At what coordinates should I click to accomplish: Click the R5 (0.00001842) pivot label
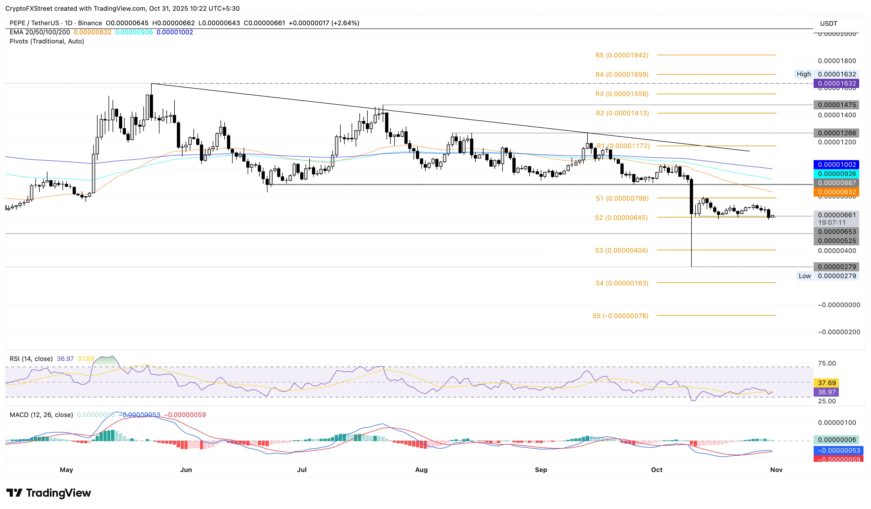point(621,55)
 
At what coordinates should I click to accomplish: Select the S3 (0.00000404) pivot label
point(621,250)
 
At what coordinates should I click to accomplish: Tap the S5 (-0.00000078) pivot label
point(620,316)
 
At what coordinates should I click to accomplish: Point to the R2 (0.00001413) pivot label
point(622,113)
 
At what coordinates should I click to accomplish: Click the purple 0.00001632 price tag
point(836,83)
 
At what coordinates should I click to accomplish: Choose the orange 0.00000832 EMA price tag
point(836,192)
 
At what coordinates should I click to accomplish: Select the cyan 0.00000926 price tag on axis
point(836,174)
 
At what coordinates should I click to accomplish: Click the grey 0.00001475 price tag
point(836,105)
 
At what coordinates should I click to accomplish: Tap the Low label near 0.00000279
point(804,276)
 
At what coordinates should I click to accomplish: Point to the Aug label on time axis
point(421,470)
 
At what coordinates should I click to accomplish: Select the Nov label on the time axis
point(776,470)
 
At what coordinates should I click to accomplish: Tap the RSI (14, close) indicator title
point(31,359)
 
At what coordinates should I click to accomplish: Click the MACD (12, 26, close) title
point(41,415)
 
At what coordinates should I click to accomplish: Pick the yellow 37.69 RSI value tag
point(827,383)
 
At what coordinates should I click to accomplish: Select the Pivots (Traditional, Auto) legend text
point(47,41)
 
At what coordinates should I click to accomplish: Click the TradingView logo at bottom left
point(49,493)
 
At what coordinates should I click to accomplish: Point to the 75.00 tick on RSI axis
point(827,363)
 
